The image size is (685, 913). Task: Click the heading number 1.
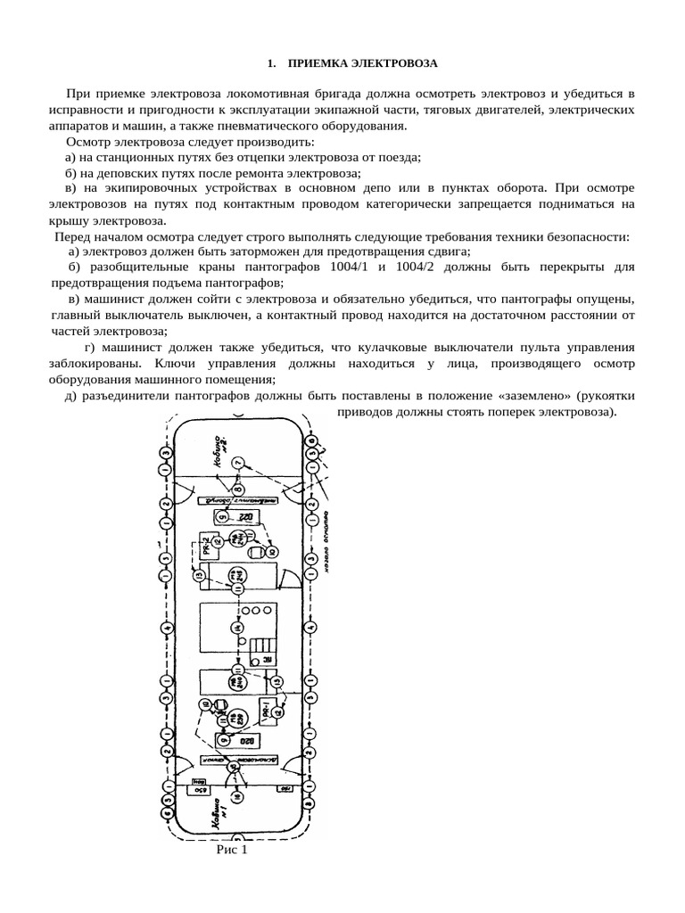tap(271, 64)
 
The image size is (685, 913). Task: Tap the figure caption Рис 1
tap(230, 851)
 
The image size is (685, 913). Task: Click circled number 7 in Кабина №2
tap(237, 463)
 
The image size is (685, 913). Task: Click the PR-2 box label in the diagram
tap(204, 546)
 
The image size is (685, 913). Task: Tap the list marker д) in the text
tap(70, 395)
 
